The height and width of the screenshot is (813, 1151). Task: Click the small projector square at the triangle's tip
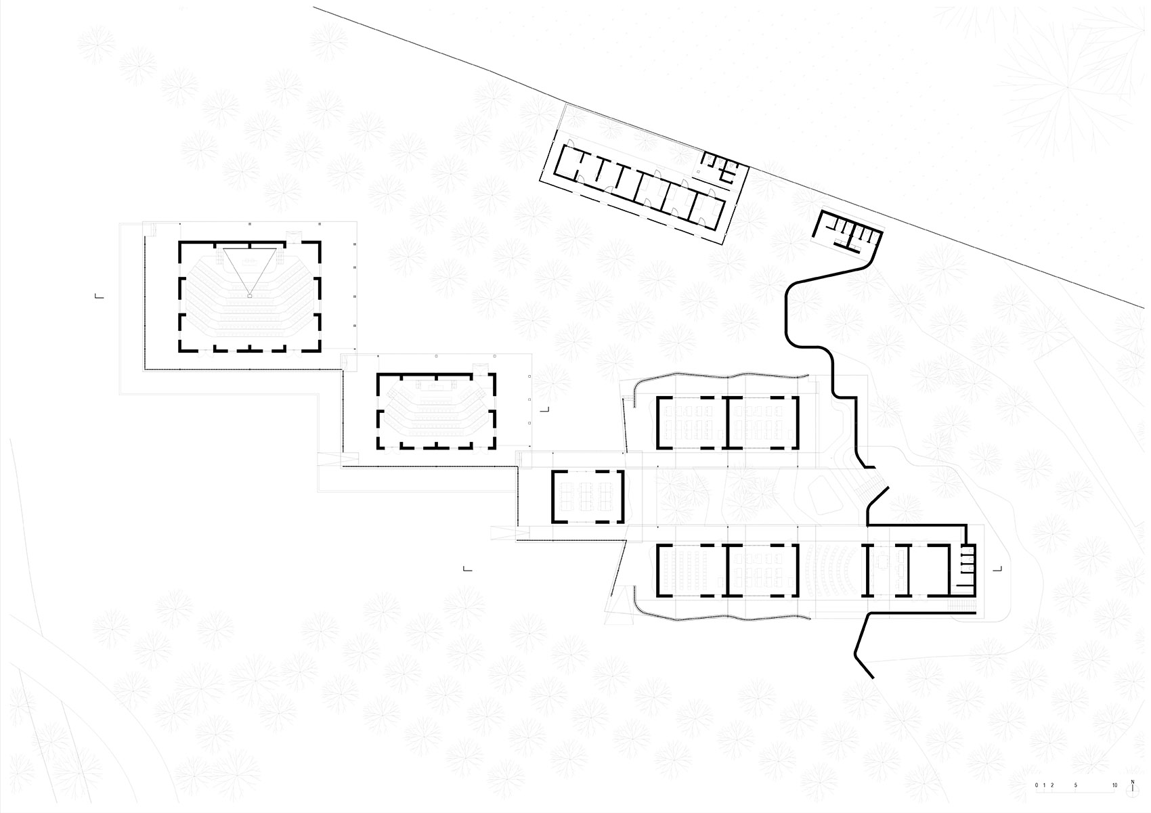click(250, 296)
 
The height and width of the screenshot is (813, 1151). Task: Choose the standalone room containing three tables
click(588, 496)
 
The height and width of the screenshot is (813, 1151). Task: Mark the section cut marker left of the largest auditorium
click(100, 296)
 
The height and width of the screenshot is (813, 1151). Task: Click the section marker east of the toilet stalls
click(998, 569)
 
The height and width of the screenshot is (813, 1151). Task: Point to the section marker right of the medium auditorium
click(544, 410)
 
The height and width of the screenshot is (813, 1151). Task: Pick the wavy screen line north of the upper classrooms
click(719, 376)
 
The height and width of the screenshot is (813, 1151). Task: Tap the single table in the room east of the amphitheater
click(882, 562)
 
